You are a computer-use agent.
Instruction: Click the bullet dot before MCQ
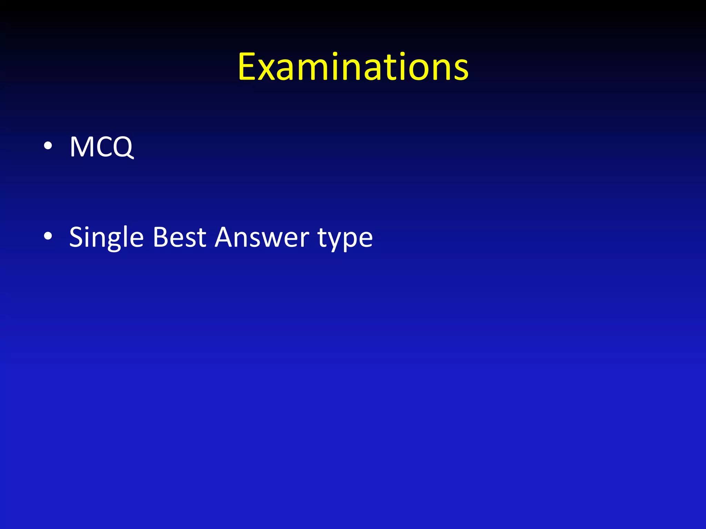click(48, 146)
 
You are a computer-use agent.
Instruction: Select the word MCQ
click(101, 147)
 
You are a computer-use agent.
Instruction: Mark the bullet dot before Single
click(48, 236)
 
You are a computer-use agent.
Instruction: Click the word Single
click(106, 238)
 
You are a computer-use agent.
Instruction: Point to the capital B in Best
click(160, 237)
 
